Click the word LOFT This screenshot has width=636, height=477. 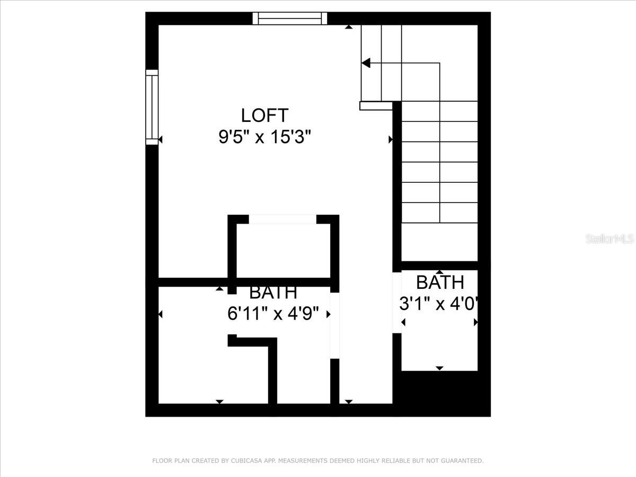tap(264, 115)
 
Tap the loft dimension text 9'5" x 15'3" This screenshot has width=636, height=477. tap(264, 137)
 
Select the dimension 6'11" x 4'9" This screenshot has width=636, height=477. tap(273, 313)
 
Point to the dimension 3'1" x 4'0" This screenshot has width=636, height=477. tap(438, 304)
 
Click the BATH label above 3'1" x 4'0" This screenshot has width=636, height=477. tap(440, 282)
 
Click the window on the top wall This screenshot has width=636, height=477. tap(290, 19)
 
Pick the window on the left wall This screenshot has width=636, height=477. tap(152, 107)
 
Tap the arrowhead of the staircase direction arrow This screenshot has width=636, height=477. tap(366, 63)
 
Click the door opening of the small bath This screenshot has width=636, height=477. tap(397, 303)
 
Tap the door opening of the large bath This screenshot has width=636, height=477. tap(334, 325)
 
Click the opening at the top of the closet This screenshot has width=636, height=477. tap(282, 219)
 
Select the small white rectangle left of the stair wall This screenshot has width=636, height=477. tap(376, 105)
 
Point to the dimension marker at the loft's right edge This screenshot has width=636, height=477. tap(390, 139)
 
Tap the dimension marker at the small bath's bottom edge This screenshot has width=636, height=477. tap(439, 368)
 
